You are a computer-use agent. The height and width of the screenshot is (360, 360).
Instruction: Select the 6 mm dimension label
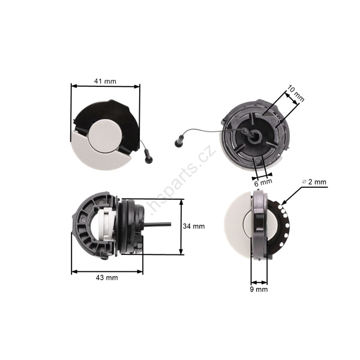point(263,181)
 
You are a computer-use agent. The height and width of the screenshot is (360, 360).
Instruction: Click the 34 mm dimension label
point(194,227)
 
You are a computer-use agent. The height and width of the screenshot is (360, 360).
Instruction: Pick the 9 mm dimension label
point(259,289)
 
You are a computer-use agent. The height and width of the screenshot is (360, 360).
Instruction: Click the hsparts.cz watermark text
point(180,180)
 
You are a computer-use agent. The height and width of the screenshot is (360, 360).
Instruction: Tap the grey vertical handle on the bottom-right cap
point(259,225)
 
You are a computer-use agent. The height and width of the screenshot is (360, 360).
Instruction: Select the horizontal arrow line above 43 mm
point(107,271)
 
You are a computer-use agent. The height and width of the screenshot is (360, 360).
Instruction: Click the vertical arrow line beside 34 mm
point(181,227)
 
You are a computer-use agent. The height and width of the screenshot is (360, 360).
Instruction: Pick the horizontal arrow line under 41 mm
point(106,86)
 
